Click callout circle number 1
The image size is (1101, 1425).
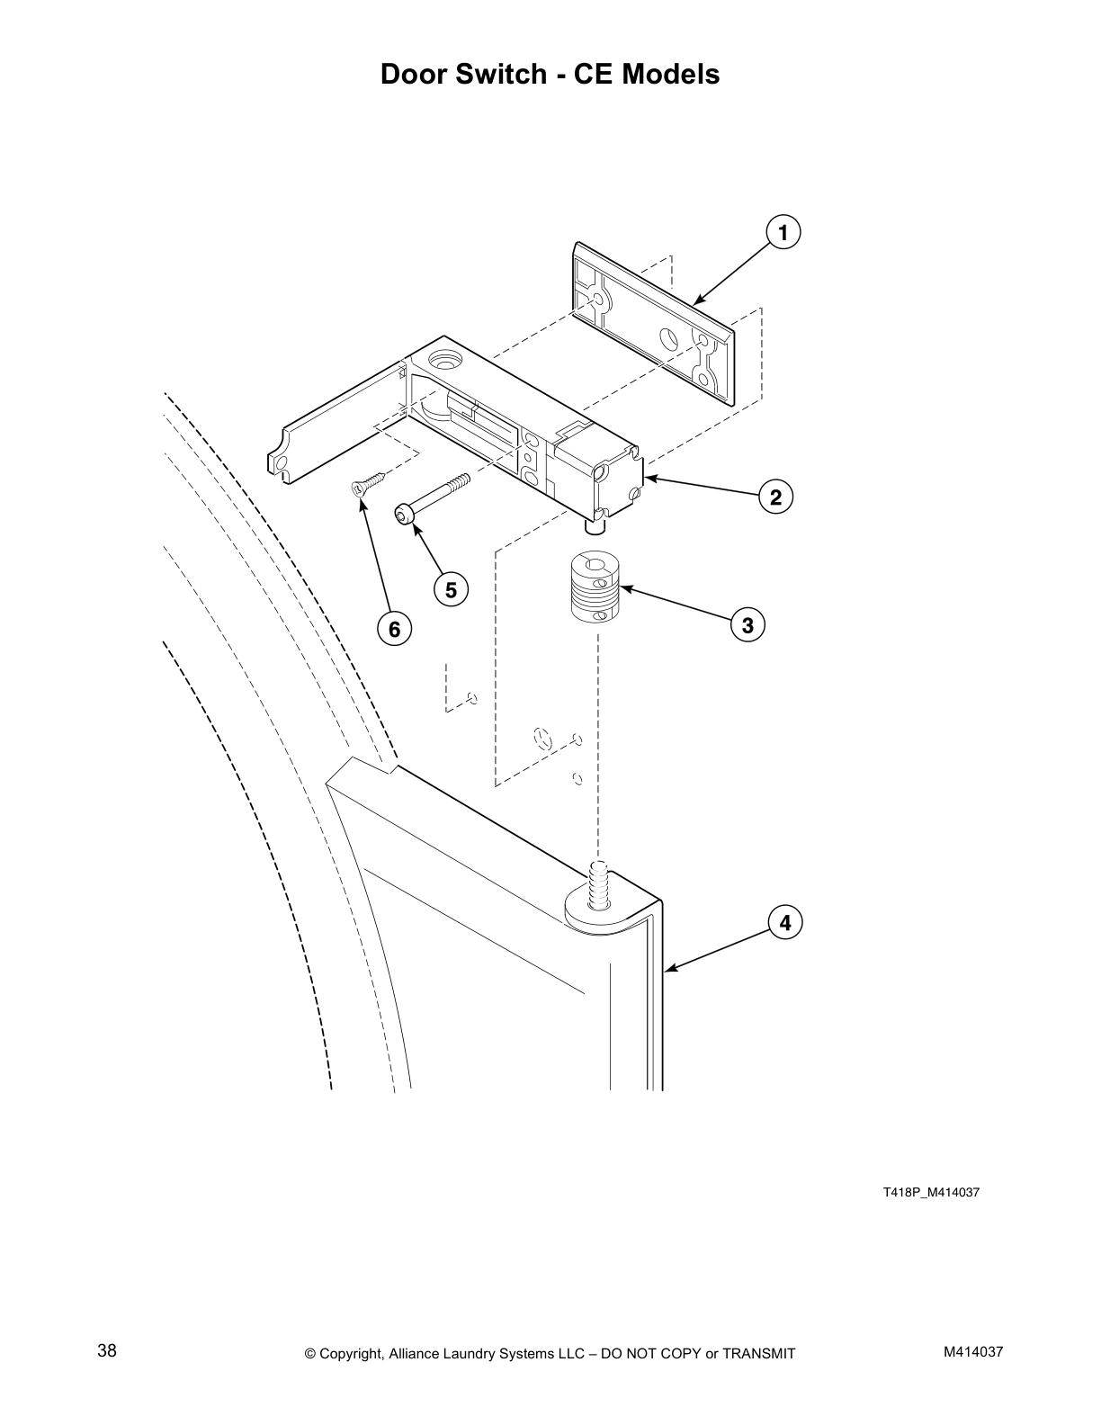(783, 233)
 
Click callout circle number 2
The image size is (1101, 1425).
(775, 497)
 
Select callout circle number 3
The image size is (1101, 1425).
(747, 623)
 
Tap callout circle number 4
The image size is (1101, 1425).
(784, 923)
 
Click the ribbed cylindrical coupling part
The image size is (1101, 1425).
(595, 588)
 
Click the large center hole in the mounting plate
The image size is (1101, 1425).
(670, 339)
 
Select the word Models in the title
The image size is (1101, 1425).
(671, 74)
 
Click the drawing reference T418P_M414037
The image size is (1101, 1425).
(930, 1193)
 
